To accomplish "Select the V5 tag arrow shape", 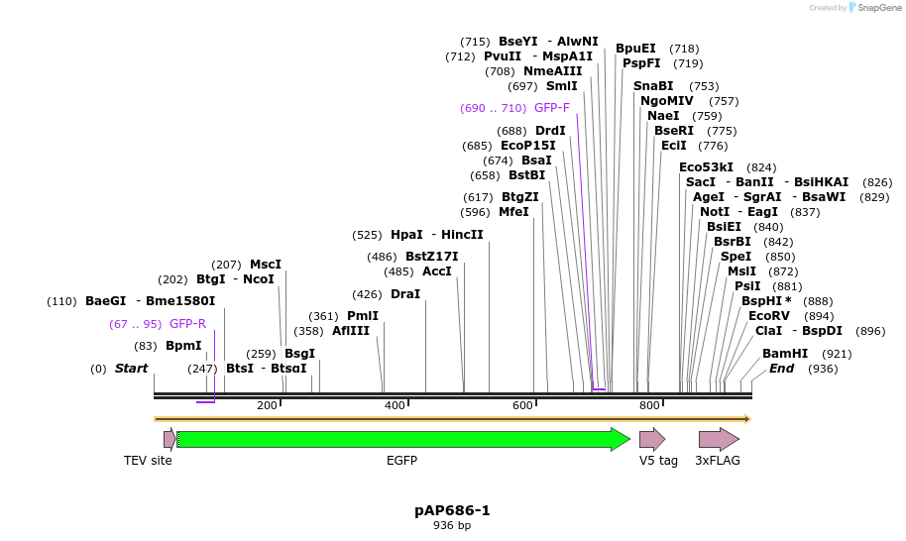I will (x=651, y=439).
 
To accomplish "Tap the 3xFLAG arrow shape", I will (x=718, y=439).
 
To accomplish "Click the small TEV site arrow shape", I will (x=170, y=439).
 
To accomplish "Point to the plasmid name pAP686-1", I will (x=452, y=510).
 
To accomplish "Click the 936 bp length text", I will (x=452, y=526).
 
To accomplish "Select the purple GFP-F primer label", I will (x=552, y=108).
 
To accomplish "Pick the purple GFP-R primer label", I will (x=187, y=324).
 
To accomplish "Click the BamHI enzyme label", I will (x=785, y=354).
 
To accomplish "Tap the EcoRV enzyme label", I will (x=769, y=316).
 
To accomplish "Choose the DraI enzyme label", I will (x=405, y=294).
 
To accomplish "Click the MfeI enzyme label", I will (x=513, y=212).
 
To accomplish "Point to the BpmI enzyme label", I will (x=183, y=346).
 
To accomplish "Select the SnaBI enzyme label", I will (x=653, y=86).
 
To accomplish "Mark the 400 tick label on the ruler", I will (x=395, y=406).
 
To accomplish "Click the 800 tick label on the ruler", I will (x=649, y=406).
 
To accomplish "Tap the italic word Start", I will (x=131, y=369).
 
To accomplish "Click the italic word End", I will (x=781, y=369).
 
